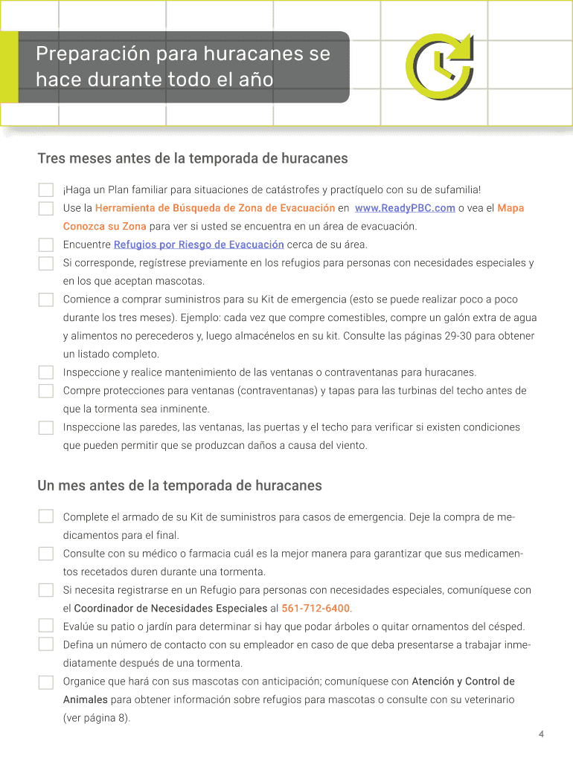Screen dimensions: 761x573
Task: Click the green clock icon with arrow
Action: point(439,67)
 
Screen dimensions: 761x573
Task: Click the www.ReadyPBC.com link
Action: point(405,208)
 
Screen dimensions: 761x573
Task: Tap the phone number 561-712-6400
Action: point(316,608)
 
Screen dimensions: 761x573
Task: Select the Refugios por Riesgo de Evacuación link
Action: point(199,245)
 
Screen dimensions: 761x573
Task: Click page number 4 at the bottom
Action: point(541,734)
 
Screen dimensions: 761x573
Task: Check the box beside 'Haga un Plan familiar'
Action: point(46,190)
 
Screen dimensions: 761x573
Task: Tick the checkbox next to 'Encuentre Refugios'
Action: point(46,245)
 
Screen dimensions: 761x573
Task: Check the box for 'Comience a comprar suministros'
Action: point(46,299)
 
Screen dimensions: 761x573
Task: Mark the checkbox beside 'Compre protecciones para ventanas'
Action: point(46,391)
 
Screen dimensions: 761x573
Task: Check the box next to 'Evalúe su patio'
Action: point(46,626)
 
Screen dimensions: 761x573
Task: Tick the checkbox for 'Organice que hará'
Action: point(46,681)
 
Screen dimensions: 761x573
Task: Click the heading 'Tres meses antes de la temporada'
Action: point(193,158)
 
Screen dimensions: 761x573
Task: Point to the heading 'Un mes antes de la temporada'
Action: point(179,486)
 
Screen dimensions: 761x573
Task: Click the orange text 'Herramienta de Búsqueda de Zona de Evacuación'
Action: point(215,208)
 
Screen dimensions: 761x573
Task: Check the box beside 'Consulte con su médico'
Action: point(46,554)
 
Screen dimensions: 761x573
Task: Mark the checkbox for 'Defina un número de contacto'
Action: point(46,644)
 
